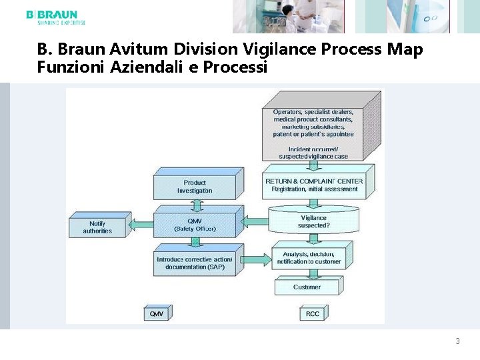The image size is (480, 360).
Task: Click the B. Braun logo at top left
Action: coord(55,17)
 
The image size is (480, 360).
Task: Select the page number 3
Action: coord(457,341)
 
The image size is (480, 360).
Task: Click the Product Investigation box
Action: coord(195,187)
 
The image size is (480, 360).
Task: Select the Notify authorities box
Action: coord(97,227)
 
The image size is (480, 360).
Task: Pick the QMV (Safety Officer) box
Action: coord(195,225)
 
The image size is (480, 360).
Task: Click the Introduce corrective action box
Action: coord(195,263)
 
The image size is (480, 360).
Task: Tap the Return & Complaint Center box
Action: coord(314,185)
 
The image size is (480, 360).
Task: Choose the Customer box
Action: coord(307,287)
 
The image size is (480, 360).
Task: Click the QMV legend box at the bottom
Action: coord(157,313)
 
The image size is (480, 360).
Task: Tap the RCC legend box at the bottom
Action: coord(312,313)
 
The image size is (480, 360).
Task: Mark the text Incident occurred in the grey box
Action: coord(313,149)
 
